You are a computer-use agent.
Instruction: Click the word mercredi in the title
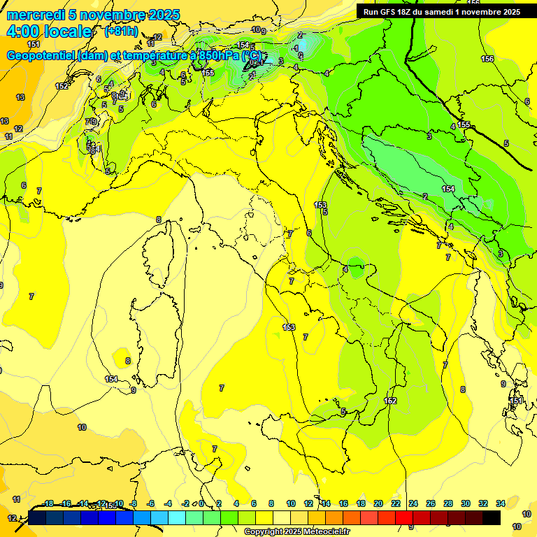tap(35, 15)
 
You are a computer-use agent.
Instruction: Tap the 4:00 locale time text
tap(49, 31)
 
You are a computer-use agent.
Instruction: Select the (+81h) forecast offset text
tap(121, 31)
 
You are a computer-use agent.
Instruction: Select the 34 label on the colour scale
tap(500, 503)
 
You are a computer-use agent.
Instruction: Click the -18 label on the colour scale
tap(48, 503)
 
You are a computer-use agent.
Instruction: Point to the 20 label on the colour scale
tap(378, 503)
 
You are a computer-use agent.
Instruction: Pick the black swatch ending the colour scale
tap(492, 517)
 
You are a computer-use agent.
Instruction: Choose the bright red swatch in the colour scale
tap(404, 517)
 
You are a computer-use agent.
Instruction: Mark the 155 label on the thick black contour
tap(464, 125)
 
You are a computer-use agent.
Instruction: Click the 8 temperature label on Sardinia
tap(127, 361)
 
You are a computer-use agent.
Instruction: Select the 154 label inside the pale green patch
tap(448, 189)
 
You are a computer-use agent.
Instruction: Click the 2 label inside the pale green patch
tap(425, 196)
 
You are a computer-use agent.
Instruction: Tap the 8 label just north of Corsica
tap(158, 220)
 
